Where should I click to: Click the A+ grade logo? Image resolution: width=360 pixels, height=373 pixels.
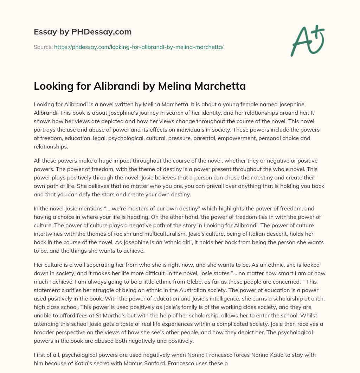coord(307,40)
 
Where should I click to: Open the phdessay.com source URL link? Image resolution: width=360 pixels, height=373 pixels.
coord(139,46)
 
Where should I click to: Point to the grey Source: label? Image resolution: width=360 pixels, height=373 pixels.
coord(43,46)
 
